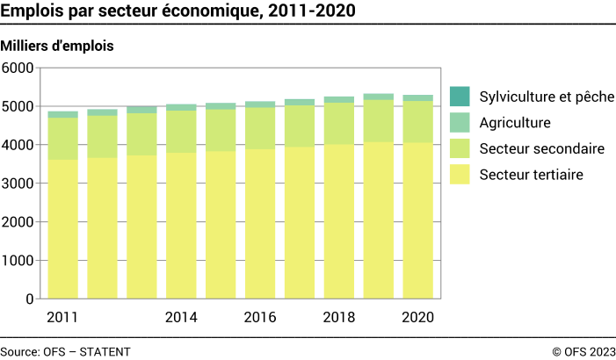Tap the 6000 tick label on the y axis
pyautogui.click(x=18, y=68)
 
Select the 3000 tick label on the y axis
pyautogui.click(x=18, y=184)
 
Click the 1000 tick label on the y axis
pyautogui.click(x=18, y=261)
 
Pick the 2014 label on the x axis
pyautogui.click(x=181, y=317)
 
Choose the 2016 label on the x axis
pyautogui.click(x=260, y=317)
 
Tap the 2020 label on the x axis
pyautogui.click(x=417, y=317)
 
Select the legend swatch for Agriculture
pyautogui.click(x=460, y=123)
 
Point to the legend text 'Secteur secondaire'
pyautogui.click(x=542, y=149)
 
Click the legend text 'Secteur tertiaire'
pyautogui.click(x=532, y=176)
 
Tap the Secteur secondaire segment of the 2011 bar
pyautogui.click(x=62, y=139)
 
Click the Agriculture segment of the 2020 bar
pyautogui.click(x=417, y=98)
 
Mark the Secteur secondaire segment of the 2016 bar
pyautogui.click(x=260, y=128)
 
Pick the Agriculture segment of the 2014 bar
pyautogui.click(x=181, y=107)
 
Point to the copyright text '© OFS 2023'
pyautogui.click(x=583, y=351)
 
